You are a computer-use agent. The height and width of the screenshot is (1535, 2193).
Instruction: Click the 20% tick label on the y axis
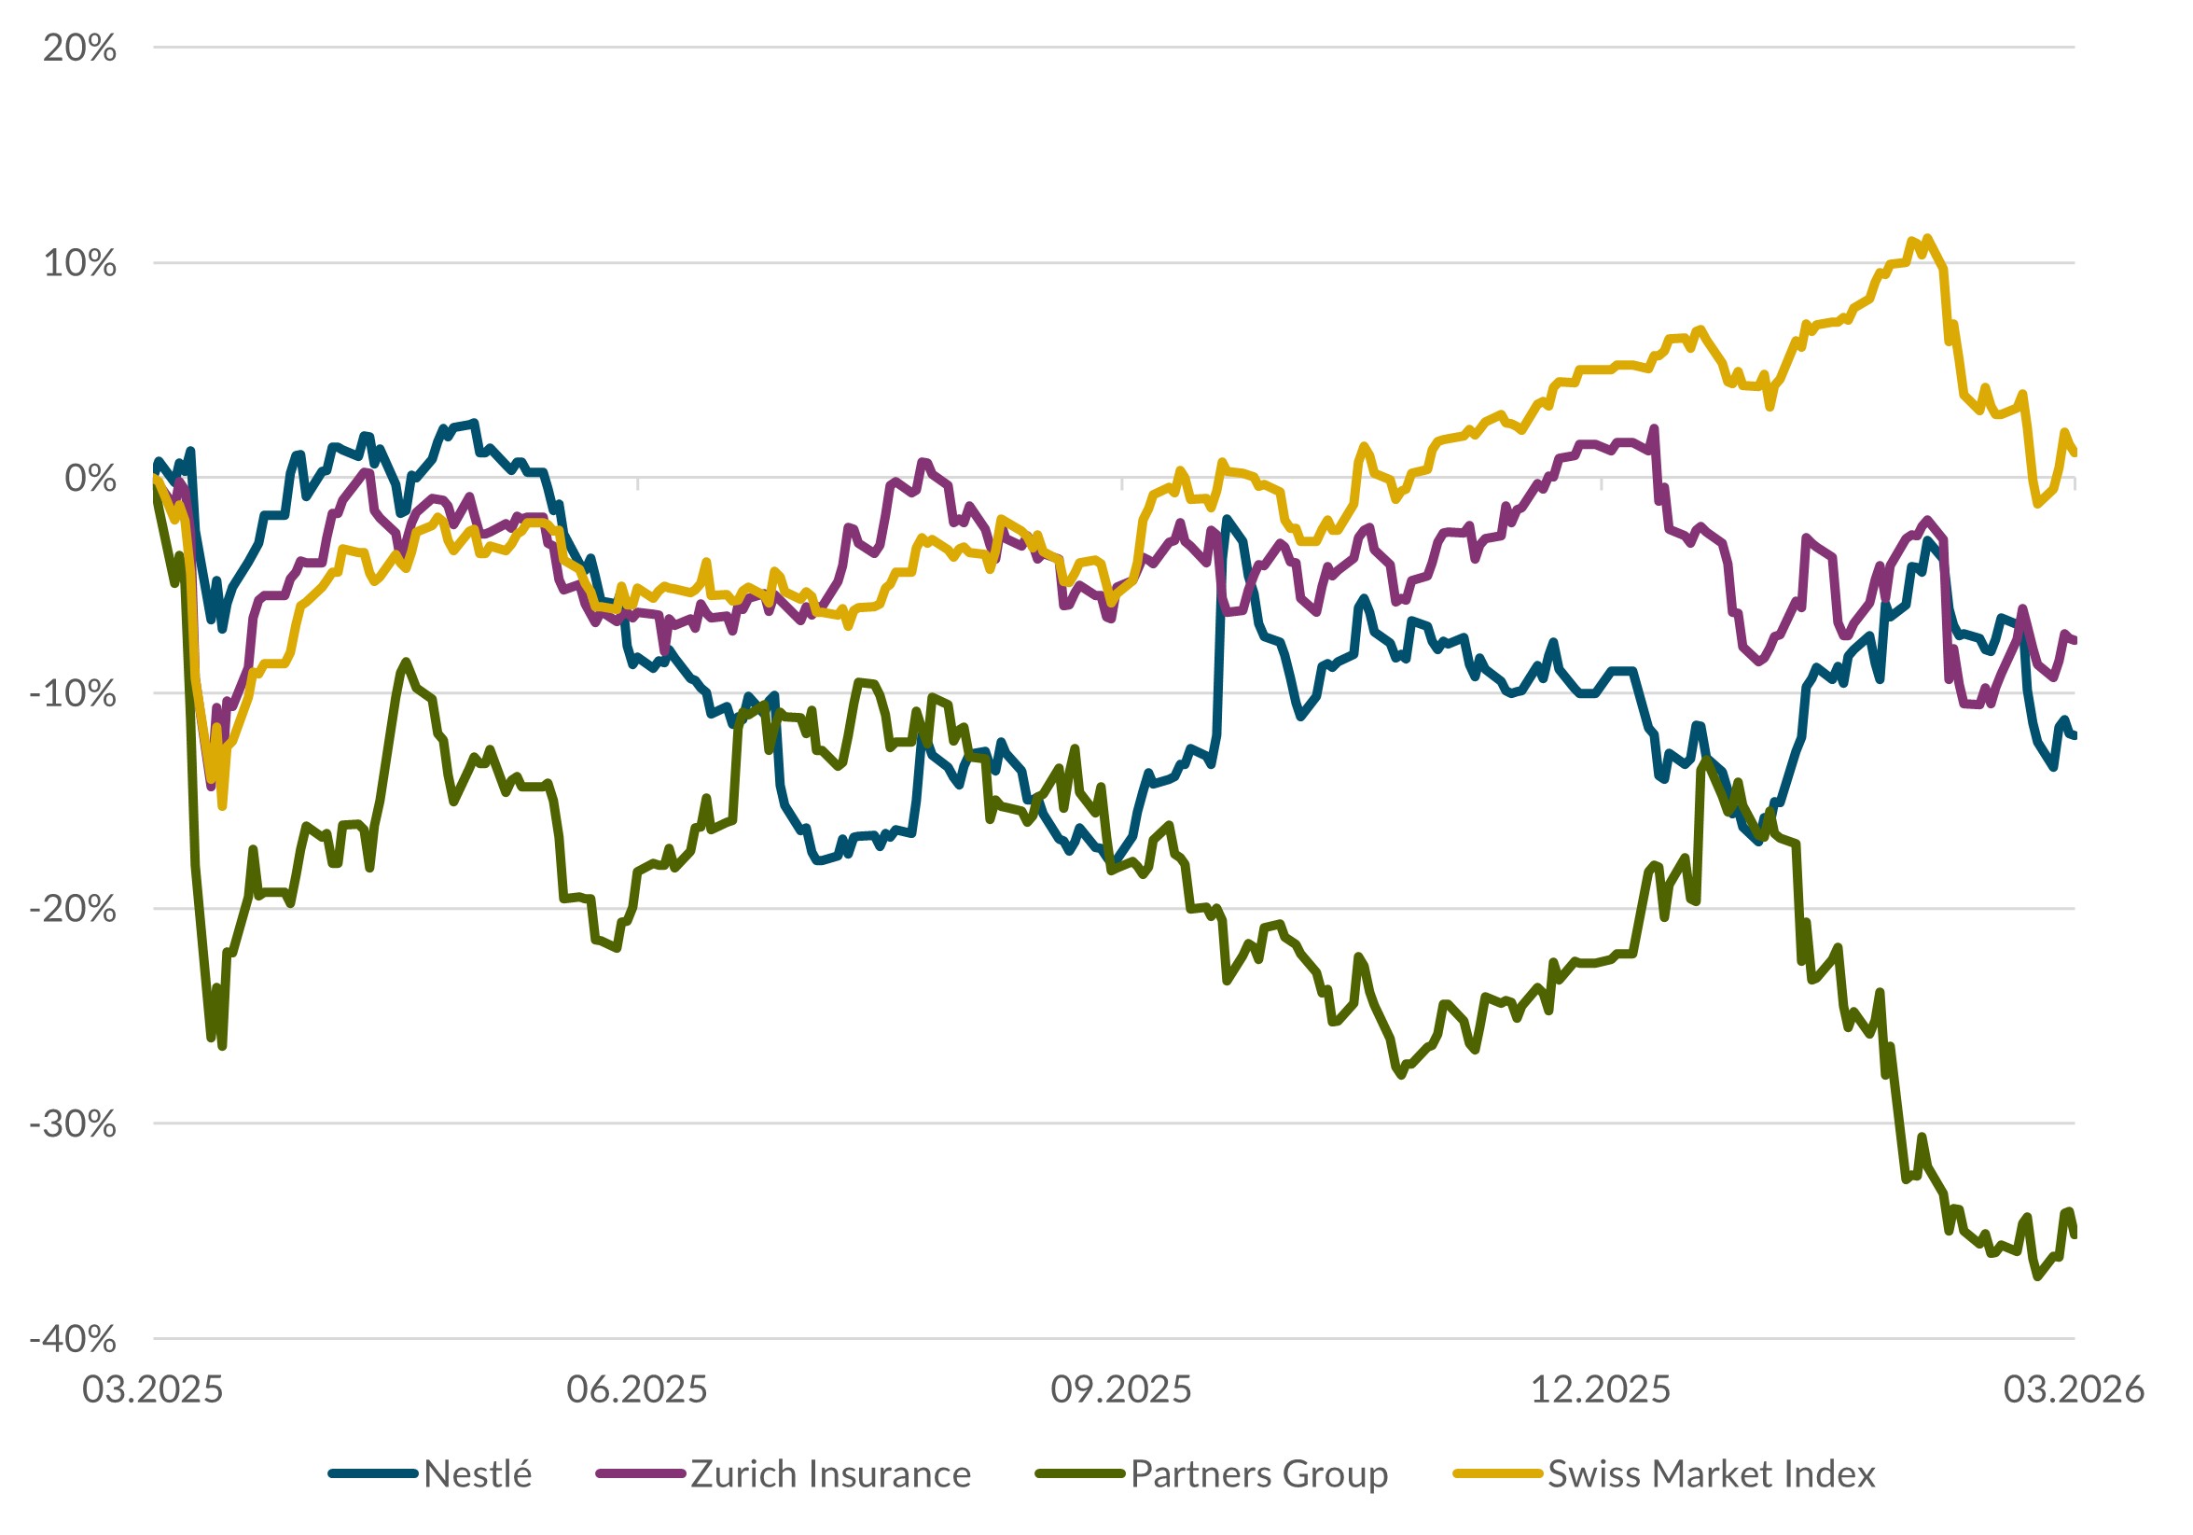tap(79, 48)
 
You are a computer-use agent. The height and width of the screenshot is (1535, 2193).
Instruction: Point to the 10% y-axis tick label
tap(79, 263)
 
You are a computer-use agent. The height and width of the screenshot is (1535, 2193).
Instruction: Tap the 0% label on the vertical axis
tap(90, 478)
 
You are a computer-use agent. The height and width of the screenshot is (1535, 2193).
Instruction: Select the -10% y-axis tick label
tap(74, 692)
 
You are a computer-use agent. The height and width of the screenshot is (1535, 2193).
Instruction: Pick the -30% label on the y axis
tap(74, 1123)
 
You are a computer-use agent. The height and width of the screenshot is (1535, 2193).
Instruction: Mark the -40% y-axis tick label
tap(74, 1338)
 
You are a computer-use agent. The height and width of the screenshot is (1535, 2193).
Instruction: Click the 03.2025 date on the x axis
tap(153, 1388)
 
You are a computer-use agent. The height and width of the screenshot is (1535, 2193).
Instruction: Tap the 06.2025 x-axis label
tap(637, 1388)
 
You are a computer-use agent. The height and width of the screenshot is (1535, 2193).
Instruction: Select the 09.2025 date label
tap(1121, 1388)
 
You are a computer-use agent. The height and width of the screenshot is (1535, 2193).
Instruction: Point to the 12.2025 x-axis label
tap(1601, 1388)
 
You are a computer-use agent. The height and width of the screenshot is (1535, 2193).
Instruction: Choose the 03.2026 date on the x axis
tap(2074, 1388)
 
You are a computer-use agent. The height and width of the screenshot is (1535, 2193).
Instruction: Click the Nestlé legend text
tap(478, 1473)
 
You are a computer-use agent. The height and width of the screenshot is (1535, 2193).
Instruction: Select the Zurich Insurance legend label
tap(830, 1473)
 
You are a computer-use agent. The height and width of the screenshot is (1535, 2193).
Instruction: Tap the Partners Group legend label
tap(1259, 1473)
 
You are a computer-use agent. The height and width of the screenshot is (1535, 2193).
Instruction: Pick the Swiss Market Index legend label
tap(1712, 1473)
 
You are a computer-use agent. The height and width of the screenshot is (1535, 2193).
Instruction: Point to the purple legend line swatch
tap(641, 1473)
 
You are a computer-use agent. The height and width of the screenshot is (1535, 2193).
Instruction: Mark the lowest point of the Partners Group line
tap(2038, 1277)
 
